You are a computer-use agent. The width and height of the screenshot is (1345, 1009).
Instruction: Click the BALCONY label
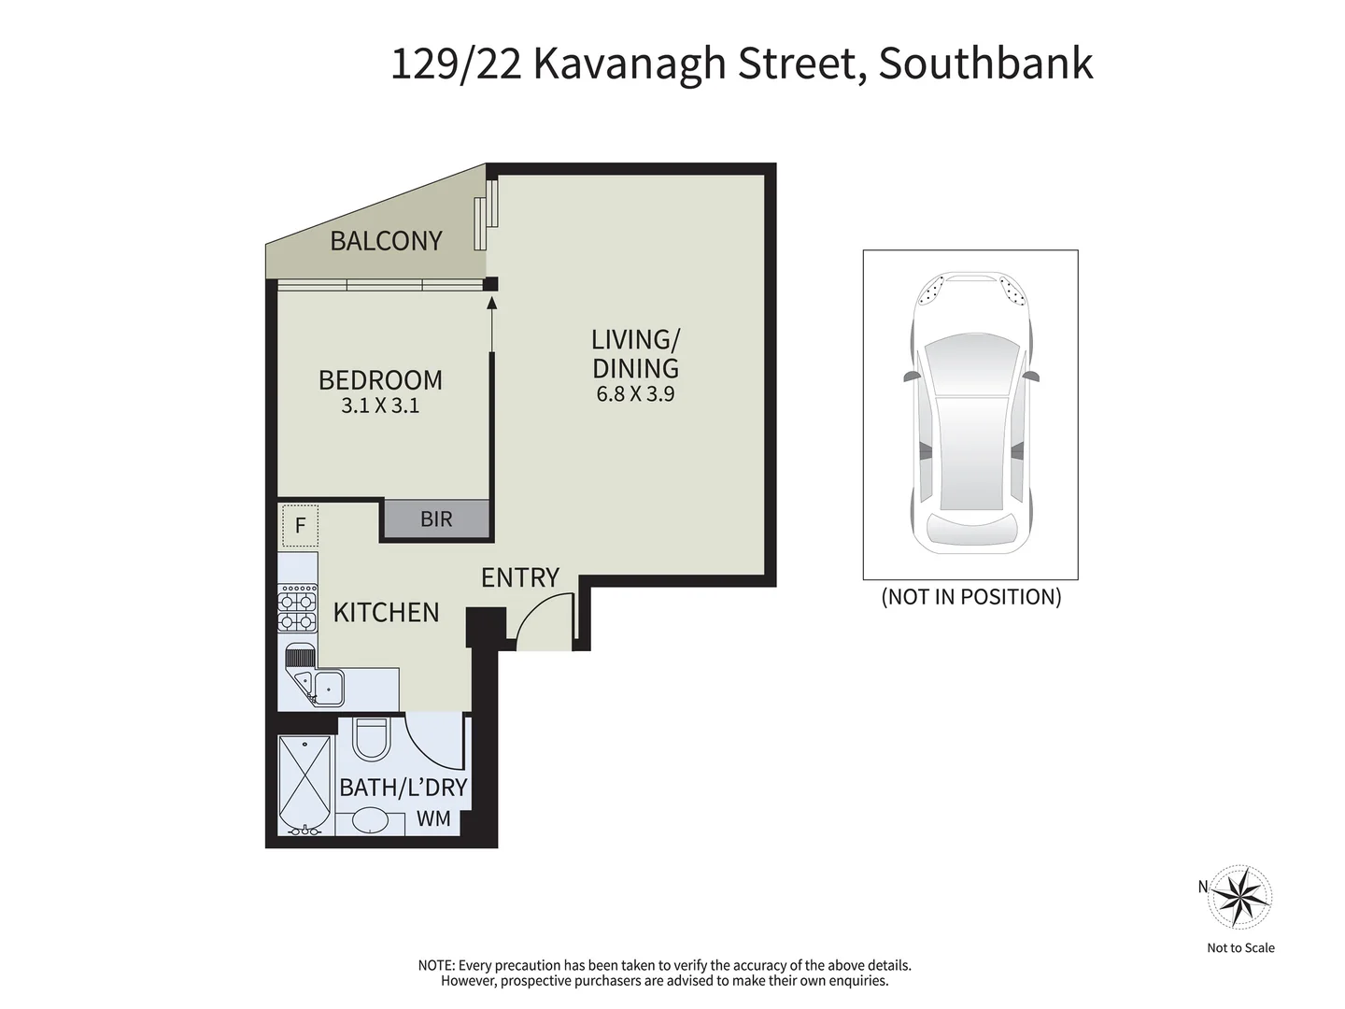386,241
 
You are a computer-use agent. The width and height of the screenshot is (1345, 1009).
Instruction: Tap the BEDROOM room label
380,380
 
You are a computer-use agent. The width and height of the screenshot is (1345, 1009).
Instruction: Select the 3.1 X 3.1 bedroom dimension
380,406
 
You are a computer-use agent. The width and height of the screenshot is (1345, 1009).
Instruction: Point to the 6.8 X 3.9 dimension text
635,394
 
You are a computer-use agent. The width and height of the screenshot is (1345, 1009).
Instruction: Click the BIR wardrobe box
436,519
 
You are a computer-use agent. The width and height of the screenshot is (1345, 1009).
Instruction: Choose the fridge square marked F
300,525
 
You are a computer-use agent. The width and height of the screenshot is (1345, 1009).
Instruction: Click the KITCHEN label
386,613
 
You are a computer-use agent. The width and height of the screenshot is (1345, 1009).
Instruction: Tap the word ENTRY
519,578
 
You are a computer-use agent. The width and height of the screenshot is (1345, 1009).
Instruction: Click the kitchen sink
327,689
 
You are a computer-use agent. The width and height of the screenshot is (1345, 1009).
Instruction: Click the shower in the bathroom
304,784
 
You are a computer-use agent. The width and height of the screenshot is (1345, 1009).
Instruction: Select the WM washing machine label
433,819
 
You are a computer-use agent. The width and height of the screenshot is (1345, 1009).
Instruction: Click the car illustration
970,414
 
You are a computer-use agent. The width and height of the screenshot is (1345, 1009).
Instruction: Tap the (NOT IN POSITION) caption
970,597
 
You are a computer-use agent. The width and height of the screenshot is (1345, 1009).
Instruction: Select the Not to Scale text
1240,947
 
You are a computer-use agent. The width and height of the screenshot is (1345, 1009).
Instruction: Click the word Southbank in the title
985,64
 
